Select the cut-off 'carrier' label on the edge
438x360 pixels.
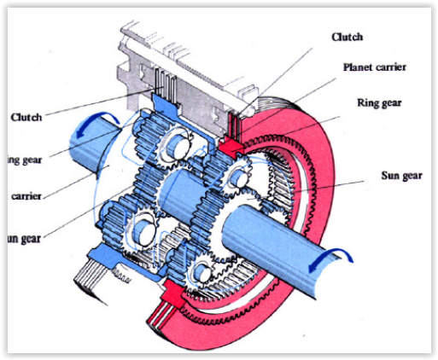[x=26, y=195]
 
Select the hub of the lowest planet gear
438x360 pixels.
[x=202, y=272]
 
